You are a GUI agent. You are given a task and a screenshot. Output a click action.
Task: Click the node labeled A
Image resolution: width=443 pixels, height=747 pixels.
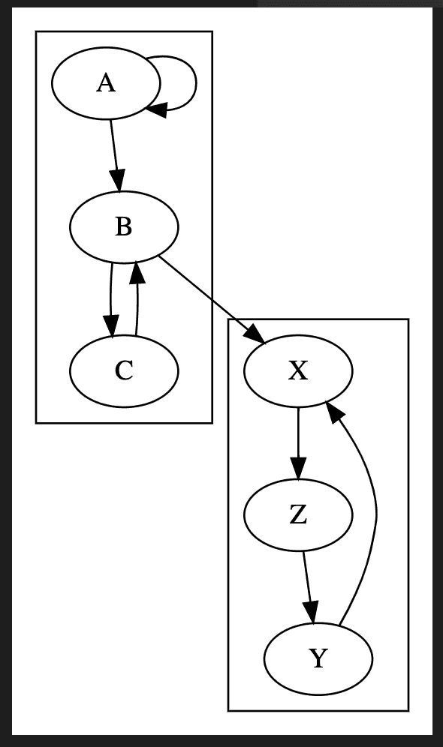pyautogui.click(x=106, y=83)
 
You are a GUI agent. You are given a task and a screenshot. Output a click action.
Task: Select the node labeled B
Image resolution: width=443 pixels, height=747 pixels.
pyautogui.click(x=124, y=226)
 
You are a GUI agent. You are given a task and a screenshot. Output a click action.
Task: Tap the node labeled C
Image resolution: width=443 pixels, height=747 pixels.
pyautogui.click(x=124, y=370)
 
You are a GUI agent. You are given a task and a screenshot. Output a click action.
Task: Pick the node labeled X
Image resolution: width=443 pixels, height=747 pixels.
pyautogui.click(x=298, y=370)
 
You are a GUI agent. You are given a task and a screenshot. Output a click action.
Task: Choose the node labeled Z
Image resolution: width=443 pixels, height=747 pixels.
pyautogui.click(x=298, y=515)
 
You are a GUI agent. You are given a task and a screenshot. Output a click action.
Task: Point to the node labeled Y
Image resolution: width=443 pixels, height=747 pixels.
pyautogui.click(x=318, y=658)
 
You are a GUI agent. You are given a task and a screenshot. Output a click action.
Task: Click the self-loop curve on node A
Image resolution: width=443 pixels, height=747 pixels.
pyautogui.click(x=195, y=83)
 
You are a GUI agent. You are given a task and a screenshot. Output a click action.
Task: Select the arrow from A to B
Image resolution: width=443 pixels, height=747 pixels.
pyautogui.click(x=115, y=155)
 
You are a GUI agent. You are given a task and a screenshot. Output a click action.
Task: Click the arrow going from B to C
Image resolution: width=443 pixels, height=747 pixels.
pyautogui.click(x=110, y=300)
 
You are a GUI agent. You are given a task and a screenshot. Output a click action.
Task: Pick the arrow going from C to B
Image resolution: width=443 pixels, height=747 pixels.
pyautogui.click(x=137, y=298)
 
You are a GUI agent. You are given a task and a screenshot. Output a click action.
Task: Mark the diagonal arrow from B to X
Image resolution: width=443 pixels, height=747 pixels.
pyautogui.click(x=212, y=300)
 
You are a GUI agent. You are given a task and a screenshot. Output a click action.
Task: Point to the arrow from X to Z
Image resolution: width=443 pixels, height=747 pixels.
pyautogui.click(x=298, y=443)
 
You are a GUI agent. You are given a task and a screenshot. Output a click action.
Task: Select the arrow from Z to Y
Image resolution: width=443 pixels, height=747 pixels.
pyautogui.click(x=308, y=587)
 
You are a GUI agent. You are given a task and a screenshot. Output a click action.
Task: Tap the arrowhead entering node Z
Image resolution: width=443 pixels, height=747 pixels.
pyautogui.click(x=298, y=469)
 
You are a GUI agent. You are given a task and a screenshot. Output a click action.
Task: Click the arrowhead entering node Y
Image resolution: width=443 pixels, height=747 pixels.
pyautogui.click(x=312, y=613)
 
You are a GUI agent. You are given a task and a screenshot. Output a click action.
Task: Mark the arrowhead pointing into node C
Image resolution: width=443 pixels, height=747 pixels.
pyautogui.click(x=112, y=327)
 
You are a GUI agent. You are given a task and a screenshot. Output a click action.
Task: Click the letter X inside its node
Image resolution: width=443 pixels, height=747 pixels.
pyautogui.click(x=298, y=371)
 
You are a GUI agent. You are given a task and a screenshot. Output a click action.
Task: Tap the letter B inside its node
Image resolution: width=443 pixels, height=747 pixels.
pyautogui.click(x=123, y=227)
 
